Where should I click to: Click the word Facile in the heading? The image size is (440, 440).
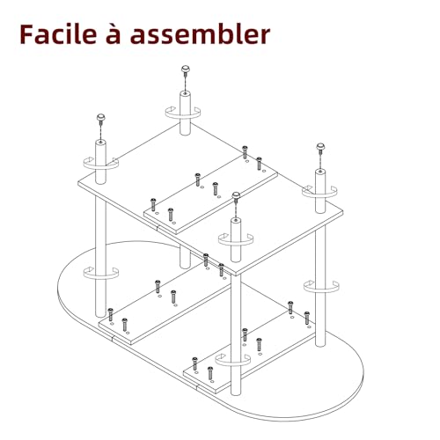coord(58,34)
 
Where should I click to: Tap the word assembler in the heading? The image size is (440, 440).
coord(200,34)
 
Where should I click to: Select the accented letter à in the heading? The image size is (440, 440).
coord(114,34)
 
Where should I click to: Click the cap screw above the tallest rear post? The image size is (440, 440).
coord(185,70)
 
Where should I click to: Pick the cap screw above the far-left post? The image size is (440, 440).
coord(100,118)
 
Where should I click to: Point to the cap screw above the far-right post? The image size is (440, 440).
coord(320,146)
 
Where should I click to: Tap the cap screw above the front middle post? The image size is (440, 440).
coord(236,194)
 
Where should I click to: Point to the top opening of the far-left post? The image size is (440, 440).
coord(100,143)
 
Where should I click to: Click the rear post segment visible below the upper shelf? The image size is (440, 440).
coord(185,258)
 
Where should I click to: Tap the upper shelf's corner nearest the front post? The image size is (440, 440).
coord(235,274)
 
